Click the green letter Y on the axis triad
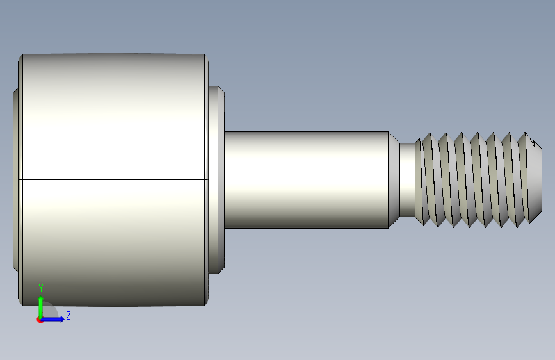(41, 288)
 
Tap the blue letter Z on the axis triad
(68, 315)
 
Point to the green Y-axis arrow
(41, 307)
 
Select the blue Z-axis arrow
(52, 319)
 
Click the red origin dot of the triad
(40, 320)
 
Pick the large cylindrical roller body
(113, 179)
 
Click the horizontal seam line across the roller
(113, 179)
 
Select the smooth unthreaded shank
(307, 179)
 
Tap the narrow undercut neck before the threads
(407, 179)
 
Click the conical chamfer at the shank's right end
(394, 179)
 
